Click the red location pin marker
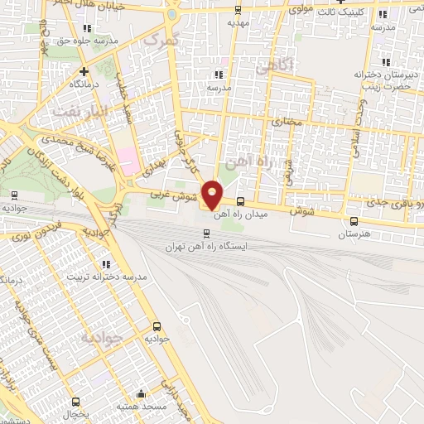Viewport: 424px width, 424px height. pos(212,194)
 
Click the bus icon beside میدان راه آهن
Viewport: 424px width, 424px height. pos(240,201)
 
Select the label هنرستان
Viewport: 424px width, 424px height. pos(354,234)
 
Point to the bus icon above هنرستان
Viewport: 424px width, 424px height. pos(354,221)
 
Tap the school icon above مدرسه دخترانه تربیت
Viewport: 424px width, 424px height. pos(106,264)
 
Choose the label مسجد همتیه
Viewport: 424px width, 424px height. pos(144,407)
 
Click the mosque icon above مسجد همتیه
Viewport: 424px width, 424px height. pos(144,394)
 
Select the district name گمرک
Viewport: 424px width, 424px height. pos(161,39)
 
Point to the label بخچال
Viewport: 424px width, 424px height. pos(75,412)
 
